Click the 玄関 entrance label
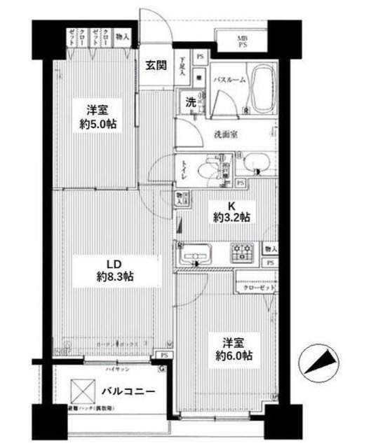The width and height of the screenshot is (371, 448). coord(156,66)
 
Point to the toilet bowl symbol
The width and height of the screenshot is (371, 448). coord(208,169)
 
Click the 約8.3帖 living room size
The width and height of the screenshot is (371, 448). coord(115,276)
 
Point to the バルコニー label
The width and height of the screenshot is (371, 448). coord(127,391)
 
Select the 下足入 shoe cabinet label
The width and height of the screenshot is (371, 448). coord(182,66)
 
